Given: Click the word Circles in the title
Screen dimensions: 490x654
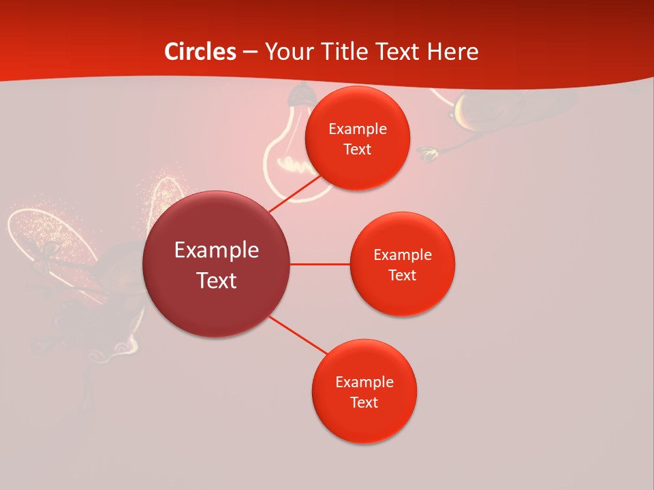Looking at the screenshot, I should [x=200, y=52].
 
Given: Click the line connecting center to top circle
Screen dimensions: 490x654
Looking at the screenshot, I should [x=294, y=194].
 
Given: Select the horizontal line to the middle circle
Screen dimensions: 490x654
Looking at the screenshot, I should [x=320, y=264].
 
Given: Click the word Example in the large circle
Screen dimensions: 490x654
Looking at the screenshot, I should [x=216, y=250].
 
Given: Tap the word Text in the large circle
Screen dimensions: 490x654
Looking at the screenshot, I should [x=216, y=280].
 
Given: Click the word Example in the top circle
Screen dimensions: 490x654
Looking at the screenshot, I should [x=357, y=129].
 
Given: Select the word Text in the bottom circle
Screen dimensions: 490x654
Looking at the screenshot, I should [x=364, y=402].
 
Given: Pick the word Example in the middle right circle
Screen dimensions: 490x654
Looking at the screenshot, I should [x=402, y=255].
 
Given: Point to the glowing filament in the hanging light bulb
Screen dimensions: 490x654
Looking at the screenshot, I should [x=293, y=164].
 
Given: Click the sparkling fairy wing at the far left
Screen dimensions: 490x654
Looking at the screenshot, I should [x=41, y=235].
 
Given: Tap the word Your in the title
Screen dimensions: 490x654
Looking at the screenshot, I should [x=287, y=52].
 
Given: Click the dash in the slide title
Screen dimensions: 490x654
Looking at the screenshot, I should [x=249, y=52].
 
